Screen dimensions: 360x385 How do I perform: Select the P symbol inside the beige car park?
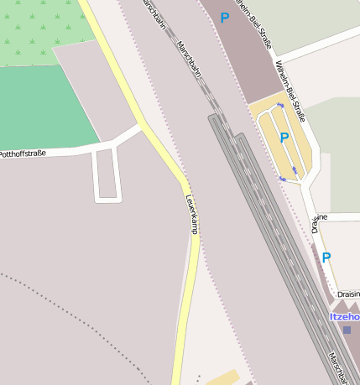(x=284, y=138)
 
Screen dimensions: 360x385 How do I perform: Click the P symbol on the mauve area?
(x=224, y=18)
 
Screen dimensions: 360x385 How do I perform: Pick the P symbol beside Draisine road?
(x=326, y=258)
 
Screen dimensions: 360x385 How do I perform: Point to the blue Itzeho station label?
(x=344, y=316)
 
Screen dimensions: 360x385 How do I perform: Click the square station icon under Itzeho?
(x=347, y=330)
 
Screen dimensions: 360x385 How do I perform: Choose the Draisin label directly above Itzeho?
(x=347, y=294)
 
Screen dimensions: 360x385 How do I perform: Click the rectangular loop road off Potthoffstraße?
(x=107, y=175)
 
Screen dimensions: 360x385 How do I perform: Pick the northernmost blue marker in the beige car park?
(x=280, y=107)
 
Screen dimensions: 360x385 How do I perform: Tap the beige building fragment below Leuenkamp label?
(x=222, y=377)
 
